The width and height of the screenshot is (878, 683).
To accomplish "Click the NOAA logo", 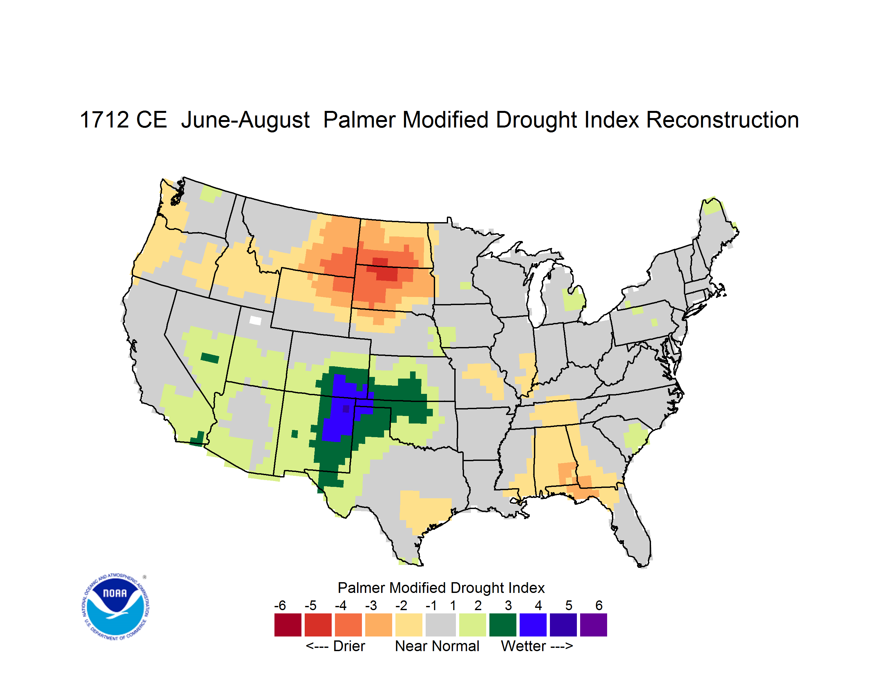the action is point(115,607).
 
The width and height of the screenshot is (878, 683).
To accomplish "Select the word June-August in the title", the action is point(245,120).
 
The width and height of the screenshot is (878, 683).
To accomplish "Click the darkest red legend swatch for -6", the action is point(288,625).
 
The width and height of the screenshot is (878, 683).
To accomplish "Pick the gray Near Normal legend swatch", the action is point(441,625).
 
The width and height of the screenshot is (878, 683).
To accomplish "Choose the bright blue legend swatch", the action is point(533,625).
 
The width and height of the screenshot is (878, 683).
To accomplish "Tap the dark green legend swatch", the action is point(502,625).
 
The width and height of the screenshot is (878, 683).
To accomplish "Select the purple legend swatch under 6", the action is point(593,625).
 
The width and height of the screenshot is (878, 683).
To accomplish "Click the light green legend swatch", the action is point(472,625).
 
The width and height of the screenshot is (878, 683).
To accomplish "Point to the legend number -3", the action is point(371,605).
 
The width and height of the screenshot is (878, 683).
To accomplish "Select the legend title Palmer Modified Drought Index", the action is point(441,588).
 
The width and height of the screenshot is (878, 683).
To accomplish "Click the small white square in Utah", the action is point(255,320).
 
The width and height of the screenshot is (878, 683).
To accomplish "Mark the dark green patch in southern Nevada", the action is point(210,357).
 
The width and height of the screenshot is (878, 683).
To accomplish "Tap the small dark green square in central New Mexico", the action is point(294,434).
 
